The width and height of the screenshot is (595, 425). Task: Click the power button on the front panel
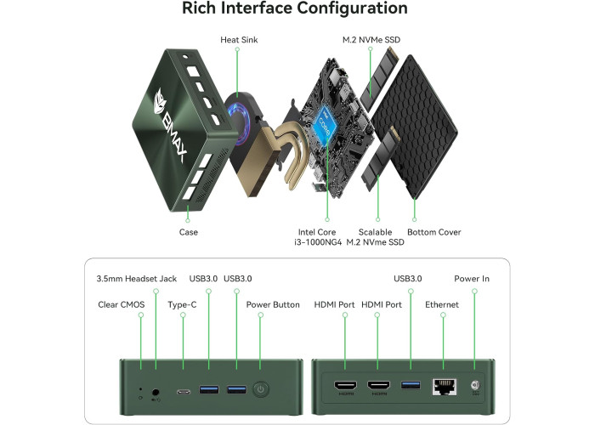(x=261, y=389)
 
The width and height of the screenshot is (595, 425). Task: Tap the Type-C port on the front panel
(x=184, y=391)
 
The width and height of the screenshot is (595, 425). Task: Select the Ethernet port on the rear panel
(x=445, y=387)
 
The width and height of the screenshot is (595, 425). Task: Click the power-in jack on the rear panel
(x=474, y=386)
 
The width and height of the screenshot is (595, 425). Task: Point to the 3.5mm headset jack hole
(x=156, y=393)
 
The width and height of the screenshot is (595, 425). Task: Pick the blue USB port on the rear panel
(x=411, y=386)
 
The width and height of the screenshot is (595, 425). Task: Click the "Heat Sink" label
(x=239, y=40)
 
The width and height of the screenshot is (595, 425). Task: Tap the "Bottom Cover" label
(x=434, y=232)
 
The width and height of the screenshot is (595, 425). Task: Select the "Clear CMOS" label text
(x=122, y=304)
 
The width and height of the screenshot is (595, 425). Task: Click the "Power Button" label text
(x=273, y=304)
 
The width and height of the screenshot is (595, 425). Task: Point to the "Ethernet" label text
(x=442, y=304)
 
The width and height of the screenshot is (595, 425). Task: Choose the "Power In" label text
(x=472, y=279)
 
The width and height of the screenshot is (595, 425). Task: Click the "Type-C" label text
(x=182, y=304)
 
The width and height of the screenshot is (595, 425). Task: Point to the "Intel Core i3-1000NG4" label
(x=318, y=237)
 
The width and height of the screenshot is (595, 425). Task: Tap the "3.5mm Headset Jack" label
(x=137, y=279)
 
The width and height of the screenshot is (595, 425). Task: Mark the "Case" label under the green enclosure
(x=189, y=232)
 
